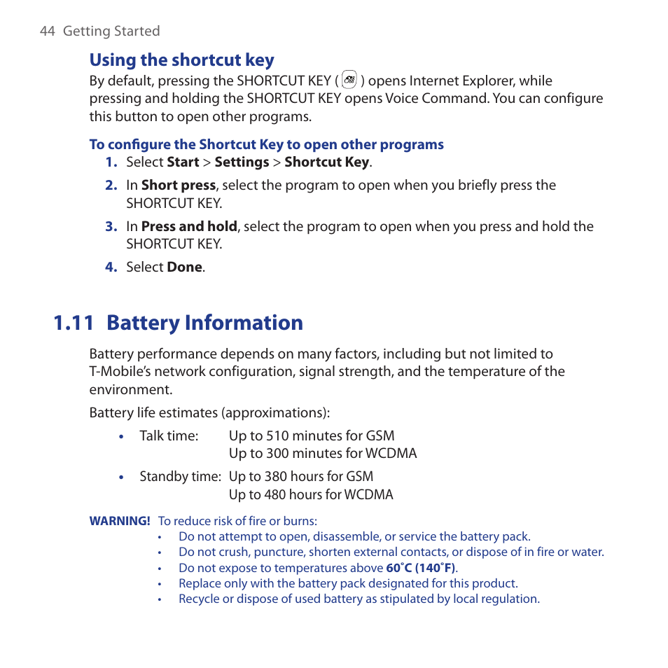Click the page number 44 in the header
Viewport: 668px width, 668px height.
pyautogui.click(x=47, y=31)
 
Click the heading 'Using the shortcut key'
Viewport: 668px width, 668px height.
pyautogui.click(x=181, y=60)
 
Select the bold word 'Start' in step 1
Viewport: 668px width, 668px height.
pyautogui.click(x=183, y=162)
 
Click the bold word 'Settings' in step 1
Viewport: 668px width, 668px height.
pyautogui.click(x=242, y=162)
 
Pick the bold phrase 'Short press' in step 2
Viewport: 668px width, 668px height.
pyautogui.click(x=178, y=185)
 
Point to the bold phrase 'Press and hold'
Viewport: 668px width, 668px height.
pyautogui.click(x=189, y=226)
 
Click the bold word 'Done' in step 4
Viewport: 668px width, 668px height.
pyautogui.click(x=184, y=267)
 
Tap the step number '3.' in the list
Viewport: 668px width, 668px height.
pyautogui.click(x=111, y=226)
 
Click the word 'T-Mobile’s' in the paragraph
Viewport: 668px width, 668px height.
pyautogui.click(x=120, y=371)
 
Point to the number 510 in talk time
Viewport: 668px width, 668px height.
pyautogui.click(x=278, y=436)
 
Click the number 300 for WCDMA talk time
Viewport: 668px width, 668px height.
pyautogui.click(x=278, y=453)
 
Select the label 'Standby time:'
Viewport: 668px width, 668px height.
pyautogui.click(x=180, y=476)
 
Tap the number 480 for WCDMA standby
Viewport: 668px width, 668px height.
pyautogui.click(x=278, y=494)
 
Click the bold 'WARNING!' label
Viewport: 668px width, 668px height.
pyautogui.click(x=120, y=520)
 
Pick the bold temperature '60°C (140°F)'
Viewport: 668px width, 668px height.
pyautogui.click(x=421, y=568)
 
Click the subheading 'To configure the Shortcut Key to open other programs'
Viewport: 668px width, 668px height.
pyautogui.click(x=266, y=144)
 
